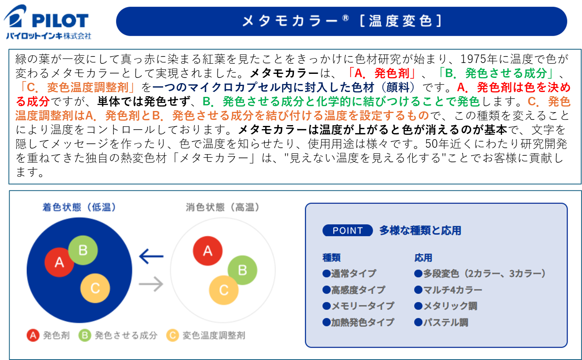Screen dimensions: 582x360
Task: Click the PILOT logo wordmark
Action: coord(60,21)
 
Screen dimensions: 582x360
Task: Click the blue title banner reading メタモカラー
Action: coord(341,21)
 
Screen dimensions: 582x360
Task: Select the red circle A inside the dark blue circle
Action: coord(59,262)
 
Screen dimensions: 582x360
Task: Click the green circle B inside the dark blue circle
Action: coord(83,250)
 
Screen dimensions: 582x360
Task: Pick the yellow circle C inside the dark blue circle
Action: coord(95,288)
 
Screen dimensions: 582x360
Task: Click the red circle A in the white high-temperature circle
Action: coord(207,251)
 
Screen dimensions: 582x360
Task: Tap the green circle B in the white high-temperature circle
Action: coord(243,270)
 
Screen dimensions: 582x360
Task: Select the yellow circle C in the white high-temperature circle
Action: coord(224,290)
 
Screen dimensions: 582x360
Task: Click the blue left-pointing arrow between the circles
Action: coord(151,256)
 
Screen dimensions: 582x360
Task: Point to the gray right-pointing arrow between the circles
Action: coord(151,284)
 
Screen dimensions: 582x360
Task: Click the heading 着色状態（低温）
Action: coord(79,207)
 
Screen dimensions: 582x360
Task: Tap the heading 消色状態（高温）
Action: coord(222,207)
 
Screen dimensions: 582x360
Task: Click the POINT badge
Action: coord(348,230)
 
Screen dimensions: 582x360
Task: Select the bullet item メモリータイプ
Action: coord(358,306)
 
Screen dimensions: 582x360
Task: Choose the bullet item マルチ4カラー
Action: coord(448,290)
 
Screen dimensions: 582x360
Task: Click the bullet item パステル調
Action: coord(441,322)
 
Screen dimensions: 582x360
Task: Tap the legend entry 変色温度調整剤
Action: coord(206,335)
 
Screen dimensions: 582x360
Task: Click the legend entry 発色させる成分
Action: coord(118,335)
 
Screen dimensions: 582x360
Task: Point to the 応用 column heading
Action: coord(423,257)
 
